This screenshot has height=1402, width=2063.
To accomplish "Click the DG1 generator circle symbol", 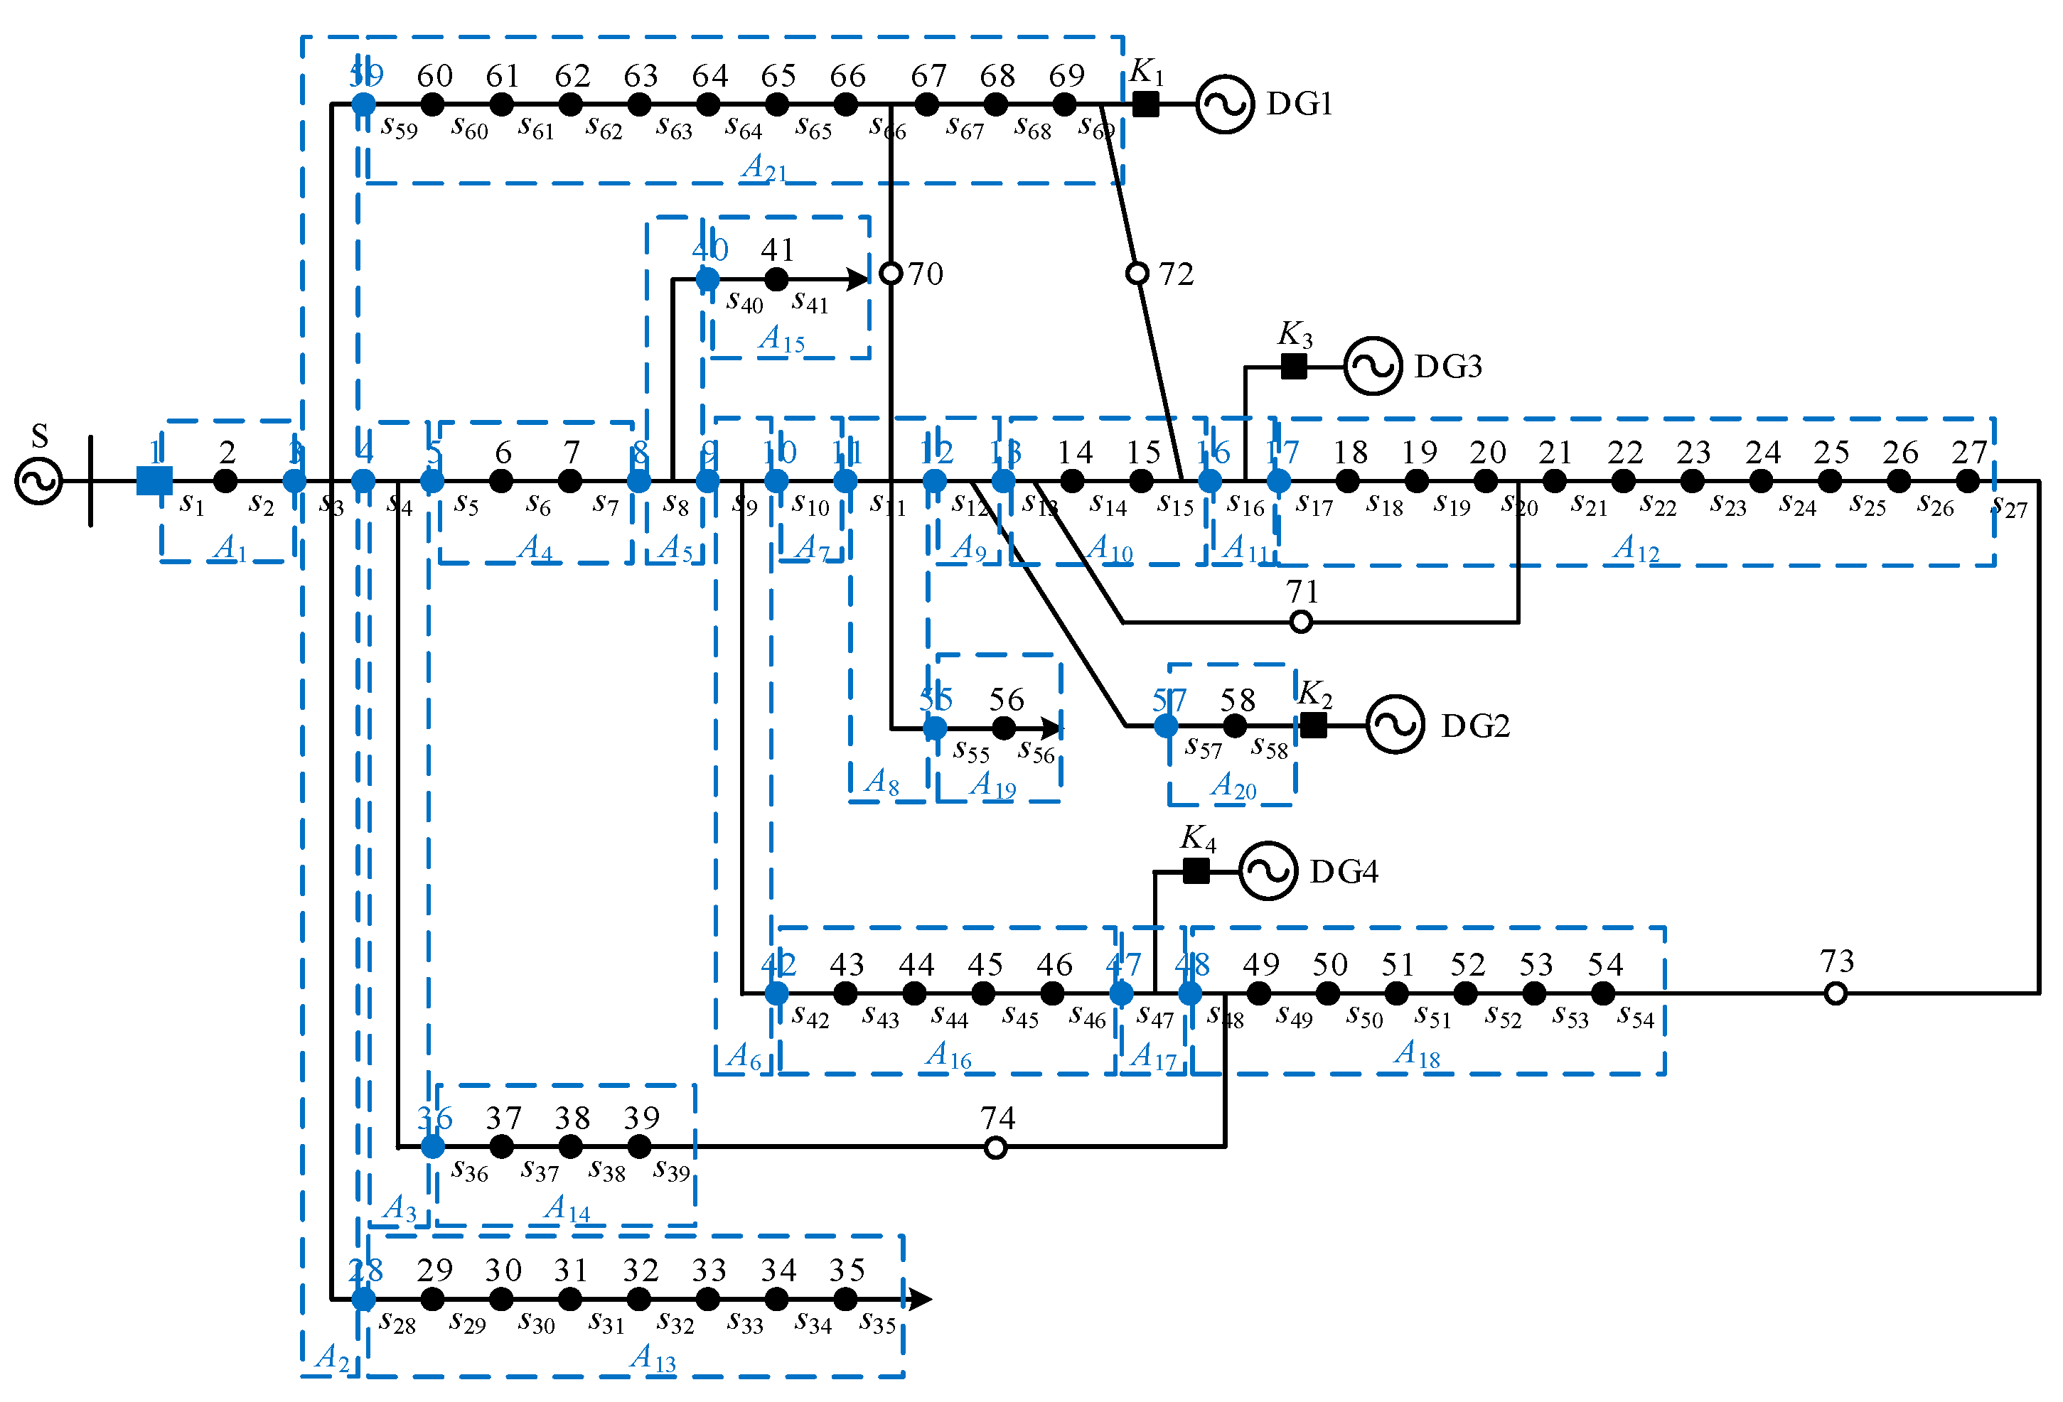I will coord(1224,104).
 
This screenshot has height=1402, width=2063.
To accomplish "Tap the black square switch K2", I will coord(1313,725).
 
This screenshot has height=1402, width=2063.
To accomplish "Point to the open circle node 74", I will coord(995,1148).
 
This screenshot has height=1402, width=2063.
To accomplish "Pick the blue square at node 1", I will coord(154,481).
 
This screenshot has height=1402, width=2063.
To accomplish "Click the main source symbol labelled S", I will coord(39,481).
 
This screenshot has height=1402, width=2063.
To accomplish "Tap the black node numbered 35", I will coord(845,1299).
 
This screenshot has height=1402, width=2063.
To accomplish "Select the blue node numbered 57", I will coord(1166,726).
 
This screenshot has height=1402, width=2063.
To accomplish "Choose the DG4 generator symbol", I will coord(1268,871).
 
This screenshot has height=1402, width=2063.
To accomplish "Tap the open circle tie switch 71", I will coord(1300,622).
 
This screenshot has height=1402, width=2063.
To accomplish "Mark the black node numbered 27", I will coord(1967,481).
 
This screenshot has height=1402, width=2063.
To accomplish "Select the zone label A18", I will coord(1417,1053).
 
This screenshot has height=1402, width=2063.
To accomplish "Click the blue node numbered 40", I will coord(707,279).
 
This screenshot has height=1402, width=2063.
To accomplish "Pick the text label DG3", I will coord(1448,367).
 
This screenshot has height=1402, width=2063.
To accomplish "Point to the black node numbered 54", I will coord(1602,994).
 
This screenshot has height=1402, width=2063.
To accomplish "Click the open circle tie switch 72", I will coord(1137,274).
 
